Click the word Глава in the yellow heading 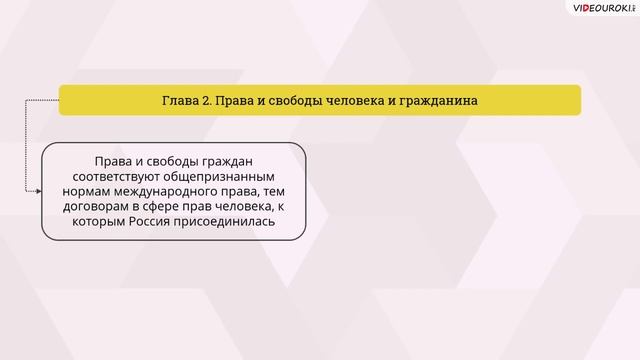pos(182,100)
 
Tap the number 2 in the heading pos(211,100)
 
